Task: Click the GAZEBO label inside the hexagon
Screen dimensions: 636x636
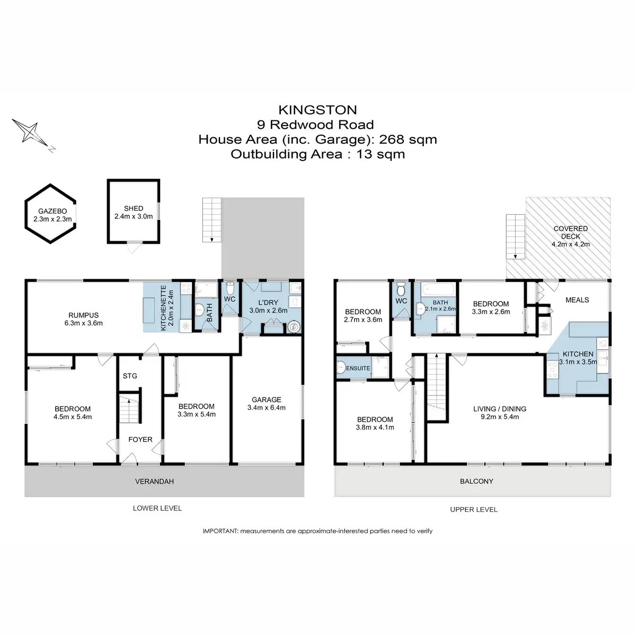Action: pyautogui.click(x=51, y=210)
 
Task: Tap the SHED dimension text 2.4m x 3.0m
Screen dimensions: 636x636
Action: pyautogui.click(x=134, y=216)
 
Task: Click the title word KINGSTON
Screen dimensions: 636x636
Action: pyautogui.click(x=317, y=110)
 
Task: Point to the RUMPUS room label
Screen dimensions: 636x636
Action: pyautogui.click(x=83, y=315)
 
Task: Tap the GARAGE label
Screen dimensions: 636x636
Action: pyautogui.click(x=266, y=400)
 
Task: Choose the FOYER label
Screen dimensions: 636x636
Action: pyautogui.click(x=140, y=439)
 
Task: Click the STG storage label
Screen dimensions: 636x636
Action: pyautogui.click(x=130, y=376)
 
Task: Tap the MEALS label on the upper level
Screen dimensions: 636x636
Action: pyautogui.click(x=577, y=299)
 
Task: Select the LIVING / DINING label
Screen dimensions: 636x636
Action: pyautogui.click(x=499, y=409)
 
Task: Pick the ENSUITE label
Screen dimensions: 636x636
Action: pyautogui.click(x=358, y=368)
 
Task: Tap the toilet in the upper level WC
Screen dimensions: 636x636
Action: pyautogui.click(x=401, y=289)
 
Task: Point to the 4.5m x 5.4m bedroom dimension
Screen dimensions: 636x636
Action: pyautogui.click(x=73, y=417)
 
